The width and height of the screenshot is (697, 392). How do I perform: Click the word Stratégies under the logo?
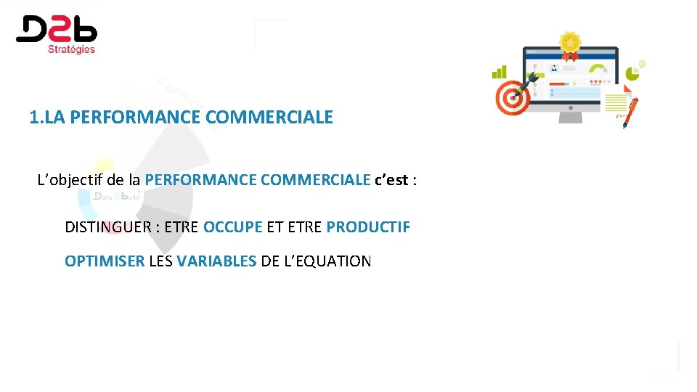point(71,49)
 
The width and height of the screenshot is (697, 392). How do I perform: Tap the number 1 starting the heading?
point(34,117)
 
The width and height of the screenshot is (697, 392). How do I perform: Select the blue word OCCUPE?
point(232,226)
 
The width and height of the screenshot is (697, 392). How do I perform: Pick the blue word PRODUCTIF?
point(368,226)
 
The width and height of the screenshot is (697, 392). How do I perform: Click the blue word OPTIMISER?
point(105,261)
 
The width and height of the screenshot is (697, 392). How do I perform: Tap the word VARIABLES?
point(216,261)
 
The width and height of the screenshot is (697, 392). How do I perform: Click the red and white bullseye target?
point(513,98)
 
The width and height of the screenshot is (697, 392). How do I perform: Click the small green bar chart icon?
point(500,72)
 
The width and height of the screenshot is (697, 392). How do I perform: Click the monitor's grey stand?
point(571,115)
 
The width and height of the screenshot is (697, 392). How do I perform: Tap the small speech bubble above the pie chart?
point(642,64)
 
